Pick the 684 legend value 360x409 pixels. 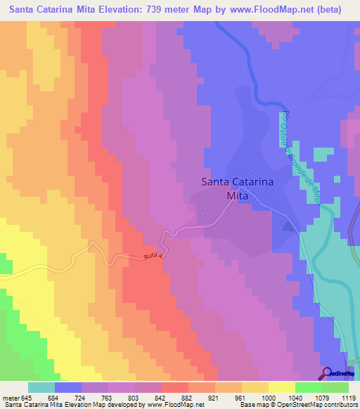(x=68, y=398)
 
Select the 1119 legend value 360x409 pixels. (x=348, y=398)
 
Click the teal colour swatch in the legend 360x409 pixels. (x=41, y=387)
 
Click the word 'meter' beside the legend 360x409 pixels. (x=13, y=398)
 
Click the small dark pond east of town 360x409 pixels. (x=288, y=226)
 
